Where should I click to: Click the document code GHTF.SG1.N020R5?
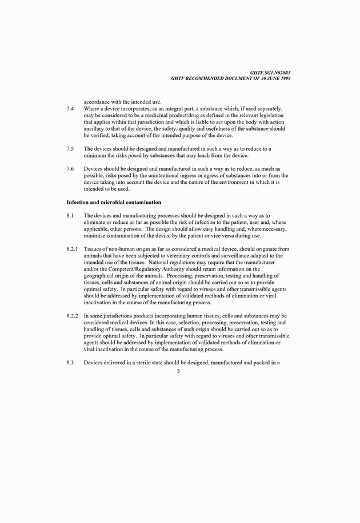point(270,73)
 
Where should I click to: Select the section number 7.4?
point(70,108)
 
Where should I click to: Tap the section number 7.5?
point(70,149)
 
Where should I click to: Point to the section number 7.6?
point(70,170)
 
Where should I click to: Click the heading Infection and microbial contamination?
point(114,202)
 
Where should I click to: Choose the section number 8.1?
point(70,215)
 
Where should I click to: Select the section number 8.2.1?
point(73,249)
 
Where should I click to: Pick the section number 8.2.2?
point(73,316)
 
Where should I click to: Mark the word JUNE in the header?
point(263,78)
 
